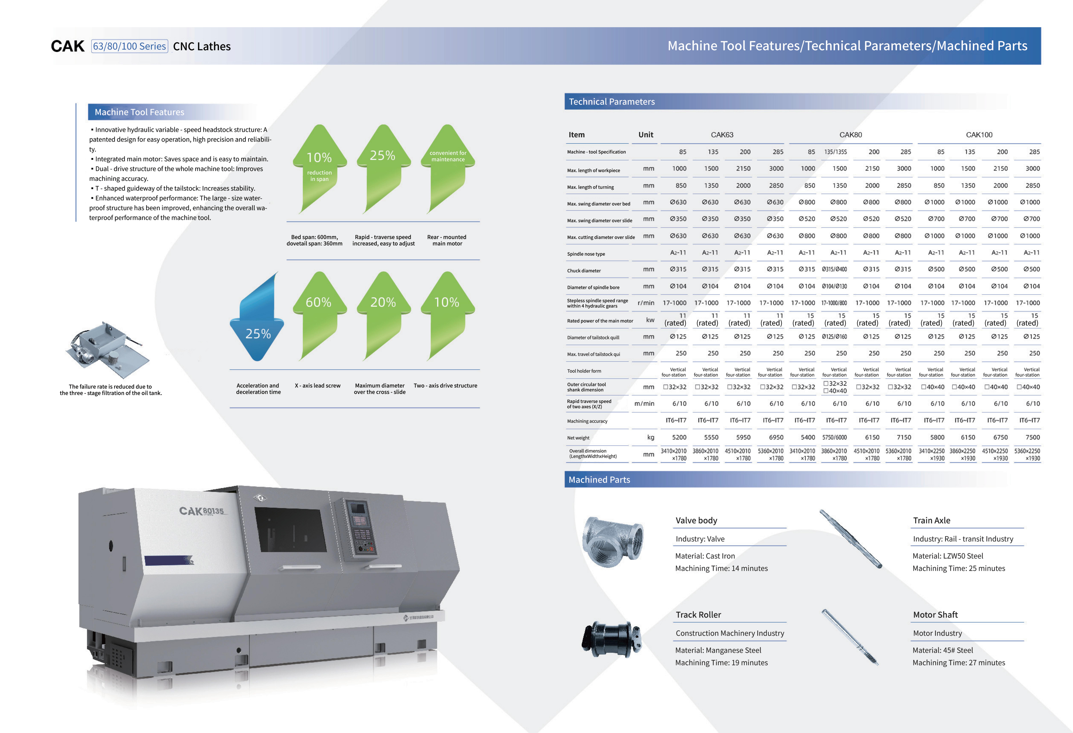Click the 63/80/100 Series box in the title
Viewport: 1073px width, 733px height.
point(129,46)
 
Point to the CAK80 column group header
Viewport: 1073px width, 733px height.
point(850,135)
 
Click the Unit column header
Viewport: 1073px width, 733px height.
point(646,135)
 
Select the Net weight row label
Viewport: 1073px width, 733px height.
point(578,438)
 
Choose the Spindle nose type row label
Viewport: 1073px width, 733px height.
point(586,254)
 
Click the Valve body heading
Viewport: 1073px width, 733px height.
point(696,521)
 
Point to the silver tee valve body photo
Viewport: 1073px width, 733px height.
point(612,541)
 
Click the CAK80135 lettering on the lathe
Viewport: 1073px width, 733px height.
point(201,511)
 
